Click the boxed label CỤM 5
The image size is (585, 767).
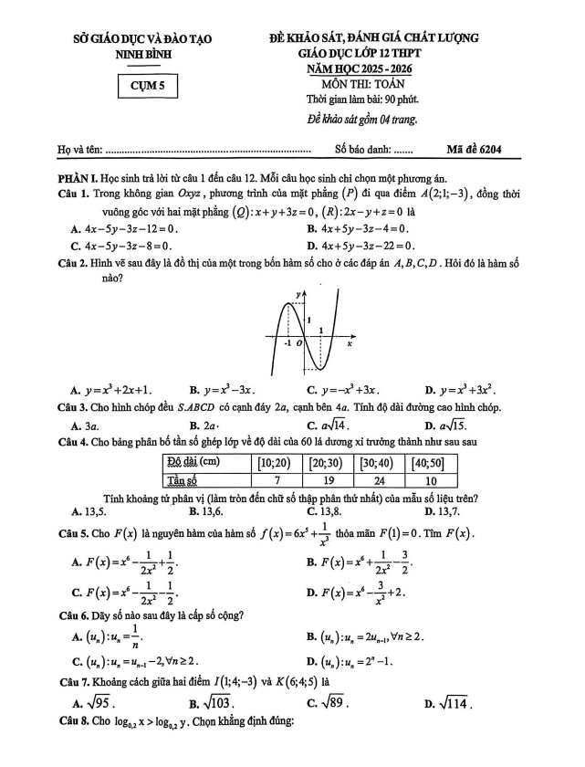click(148, 87)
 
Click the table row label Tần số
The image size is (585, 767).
click(187, 480)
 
